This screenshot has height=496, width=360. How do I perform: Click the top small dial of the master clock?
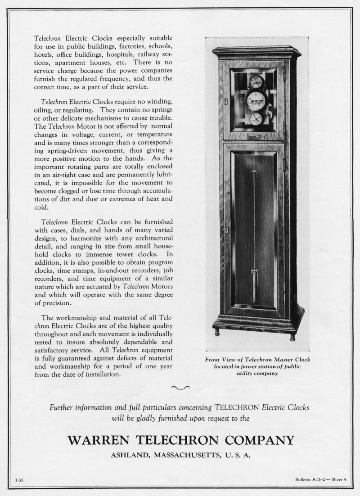(256, 81)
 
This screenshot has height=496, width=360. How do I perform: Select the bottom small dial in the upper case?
(256, 119)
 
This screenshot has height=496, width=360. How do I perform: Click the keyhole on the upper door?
(226, 102)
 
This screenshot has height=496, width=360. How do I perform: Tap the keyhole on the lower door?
(227, 230)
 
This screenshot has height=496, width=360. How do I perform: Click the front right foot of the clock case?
(292, 336)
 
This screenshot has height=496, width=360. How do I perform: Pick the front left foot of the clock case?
(217, 332)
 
